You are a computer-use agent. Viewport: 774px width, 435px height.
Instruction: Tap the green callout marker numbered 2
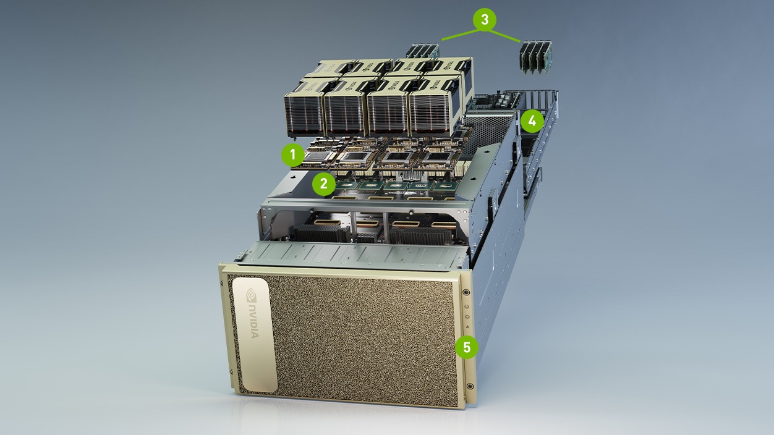324,184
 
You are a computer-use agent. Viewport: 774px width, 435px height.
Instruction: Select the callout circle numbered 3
484,20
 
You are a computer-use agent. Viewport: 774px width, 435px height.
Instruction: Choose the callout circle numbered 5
467,347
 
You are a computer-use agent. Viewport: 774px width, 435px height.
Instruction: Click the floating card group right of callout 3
536,57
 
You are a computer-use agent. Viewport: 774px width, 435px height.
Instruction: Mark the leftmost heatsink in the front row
303,111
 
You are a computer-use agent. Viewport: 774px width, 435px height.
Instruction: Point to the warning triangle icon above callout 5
467,326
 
